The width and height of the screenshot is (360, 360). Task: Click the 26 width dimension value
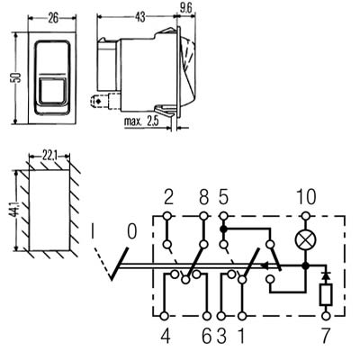[53, 19]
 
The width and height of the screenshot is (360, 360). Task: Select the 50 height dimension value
[18, 77]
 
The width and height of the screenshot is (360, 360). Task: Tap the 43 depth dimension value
[139, 17]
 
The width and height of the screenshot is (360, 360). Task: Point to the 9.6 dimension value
[185, 9]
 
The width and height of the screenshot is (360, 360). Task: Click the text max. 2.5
[142, 121]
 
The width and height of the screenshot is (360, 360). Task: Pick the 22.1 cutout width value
[49, 157]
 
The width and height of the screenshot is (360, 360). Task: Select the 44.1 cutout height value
[16, 210]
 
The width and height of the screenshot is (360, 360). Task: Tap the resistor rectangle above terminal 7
[326, 294]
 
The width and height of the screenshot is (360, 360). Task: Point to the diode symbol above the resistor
[326, 275]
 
